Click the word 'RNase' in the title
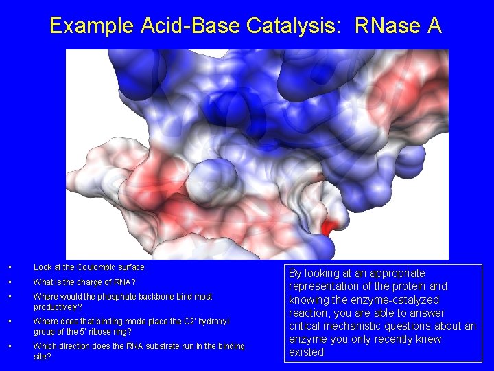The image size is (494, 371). coord(387,26)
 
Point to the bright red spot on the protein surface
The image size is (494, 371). coord(327,227)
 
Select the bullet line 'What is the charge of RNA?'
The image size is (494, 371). coord(84,282)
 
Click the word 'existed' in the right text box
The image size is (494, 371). coord(306,352)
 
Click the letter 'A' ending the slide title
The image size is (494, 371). coord(434,26)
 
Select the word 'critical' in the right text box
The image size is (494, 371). coord(308,326)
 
